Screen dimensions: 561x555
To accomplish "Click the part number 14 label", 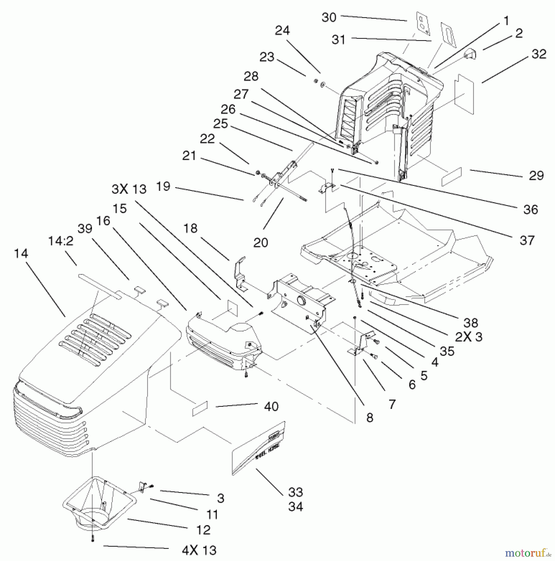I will pyautogui.click(x=21, y=253).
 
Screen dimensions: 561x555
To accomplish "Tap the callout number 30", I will pyautogui.click(x=329, y=17).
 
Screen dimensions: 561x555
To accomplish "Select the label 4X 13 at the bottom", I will pyautogui.click(x=199, y=550).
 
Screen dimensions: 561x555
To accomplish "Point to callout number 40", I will pyautogui.click(x=271, y=406).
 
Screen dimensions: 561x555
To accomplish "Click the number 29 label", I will pyautogui.click(x=536, y=175).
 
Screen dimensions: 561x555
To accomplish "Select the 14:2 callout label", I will pyautogui.click(x=61, y=241).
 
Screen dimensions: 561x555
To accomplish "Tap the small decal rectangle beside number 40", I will pyautogui.click(x=200, y=409).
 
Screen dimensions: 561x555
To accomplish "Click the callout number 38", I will pyautogui.click(x=470, y=323).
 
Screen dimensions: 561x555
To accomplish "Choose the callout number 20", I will pyautogui.click(x=260, y=242).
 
